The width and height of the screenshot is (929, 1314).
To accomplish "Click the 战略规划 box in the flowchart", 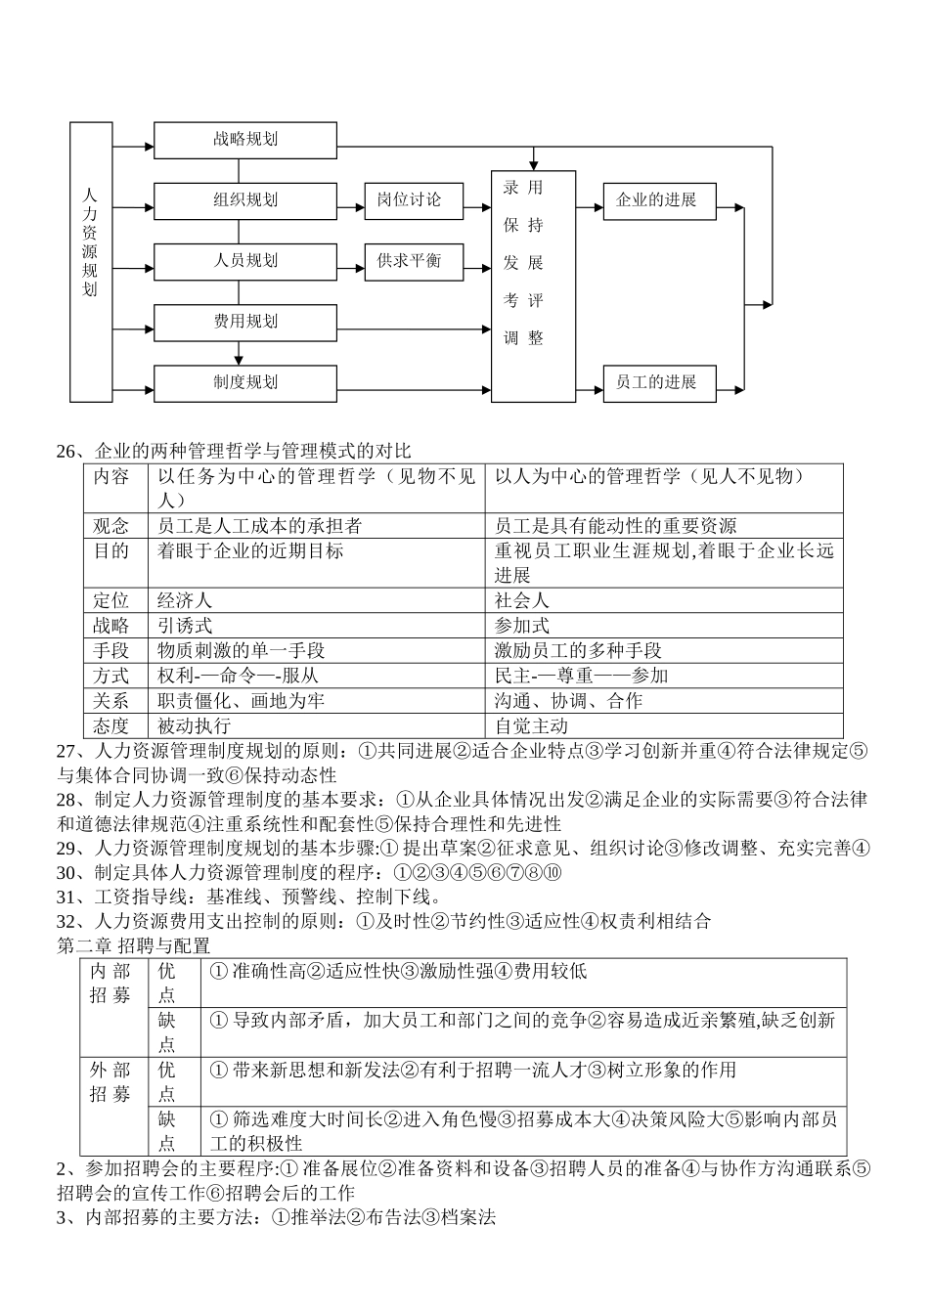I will pyautogui.click(x=245, y=140).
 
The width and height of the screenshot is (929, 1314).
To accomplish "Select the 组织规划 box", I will pyautogui.click(x=245, y=200).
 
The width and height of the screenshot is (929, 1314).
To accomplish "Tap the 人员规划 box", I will pyautogui.click(x=245, y=261).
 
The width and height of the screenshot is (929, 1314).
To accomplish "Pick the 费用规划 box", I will pyautogui.click(x=245, y=322).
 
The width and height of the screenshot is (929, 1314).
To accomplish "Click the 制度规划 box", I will pyautogui.click(x=245, y=383).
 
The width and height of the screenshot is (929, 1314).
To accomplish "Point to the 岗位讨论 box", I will pyautogui.click(x=414, y=200).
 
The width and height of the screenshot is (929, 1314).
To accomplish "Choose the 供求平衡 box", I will pyautogui.click(x=414, y=261).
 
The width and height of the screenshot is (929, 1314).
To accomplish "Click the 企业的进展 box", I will pyautogui.click(x=660, y=200).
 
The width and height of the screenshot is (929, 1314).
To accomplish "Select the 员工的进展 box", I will pyautogui.click(x=660, y=382).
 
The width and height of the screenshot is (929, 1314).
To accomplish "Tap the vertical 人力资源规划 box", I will pyautogui.click(x=91, y=262).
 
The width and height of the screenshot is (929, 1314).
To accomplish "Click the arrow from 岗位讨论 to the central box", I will pyautogui.click(x=477, y=207).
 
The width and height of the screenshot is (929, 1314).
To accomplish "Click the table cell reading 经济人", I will pyautogui.click(x=185, y=600).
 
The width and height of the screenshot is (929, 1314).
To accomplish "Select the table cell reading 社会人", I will pyautogui.click(x=521, y=600).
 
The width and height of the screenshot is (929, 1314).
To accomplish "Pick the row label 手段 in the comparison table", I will pyautogui.click(x=111, y=650).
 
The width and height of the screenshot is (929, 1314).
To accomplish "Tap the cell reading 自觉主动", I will pyautogui.click(x=531, y=725).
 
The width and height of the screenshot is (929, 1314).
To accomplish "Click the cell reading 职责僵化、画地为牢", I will pyautogui.click(x=241, y=701).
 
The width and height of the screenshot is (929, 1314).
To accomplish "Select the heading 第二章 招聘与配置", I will pyautogui.click(x=134, y=945).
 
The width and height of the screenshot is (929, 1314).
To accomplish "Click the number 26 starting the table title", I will pyautogui.click(x=66, y=451).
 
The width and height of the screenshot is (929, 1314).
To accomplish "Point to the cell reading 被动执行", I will pyautogui.click(x=194, y=725).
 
